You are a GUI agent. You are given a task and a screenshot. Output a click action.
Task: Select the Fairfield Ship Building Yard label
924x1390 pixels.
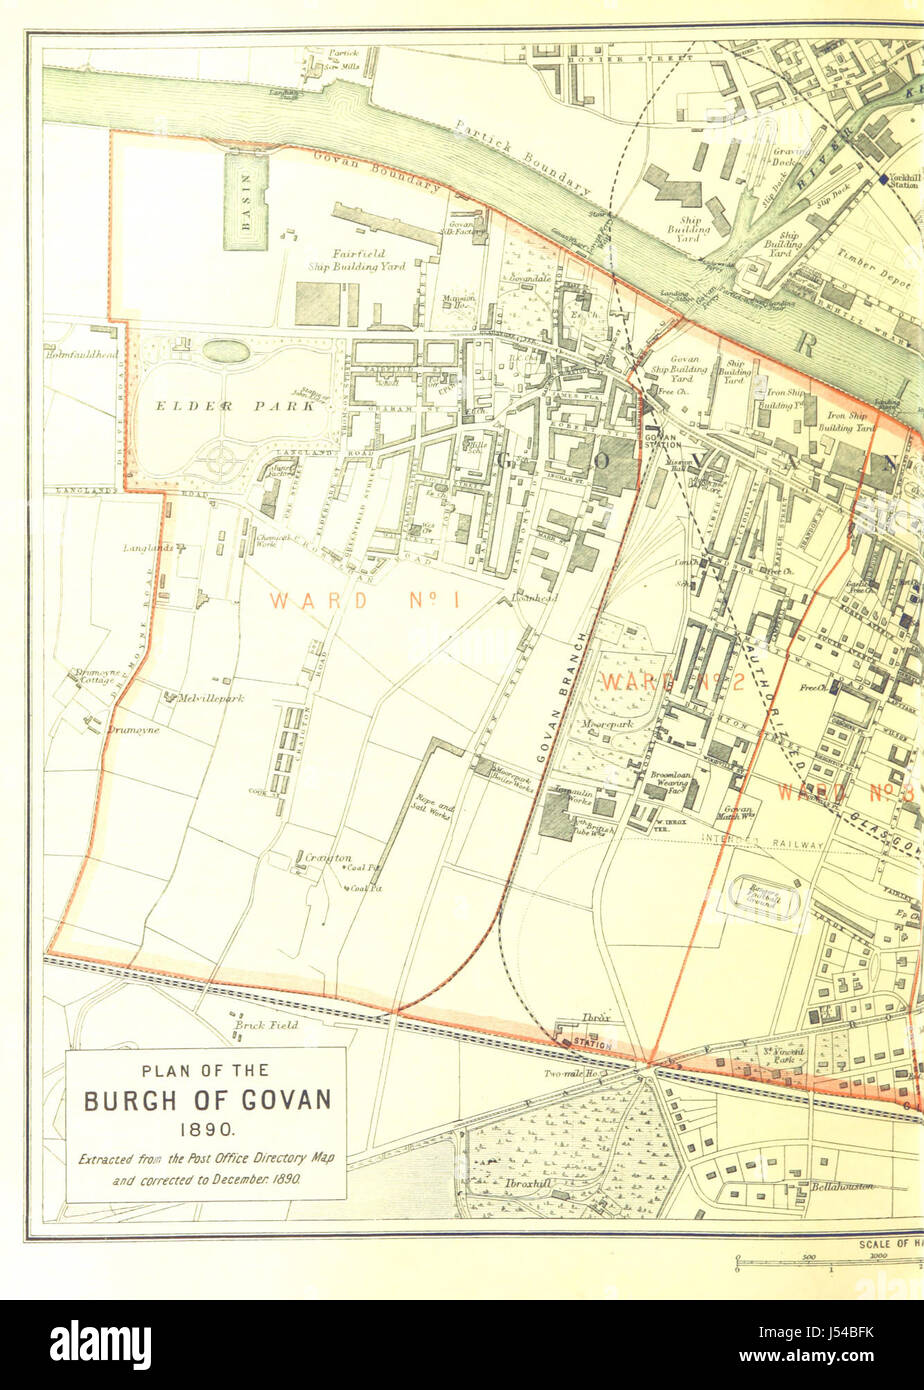pyautogui.click(x=355, y=260)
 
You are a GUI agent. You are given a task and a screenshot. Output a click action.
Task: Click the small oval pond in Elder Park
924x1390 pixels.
pyautogui.click(x=226, y=351)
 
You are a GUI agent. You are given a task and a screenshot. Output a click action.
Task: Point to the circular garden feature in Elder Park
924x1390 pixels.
pyautogui.click(x=220, y=461)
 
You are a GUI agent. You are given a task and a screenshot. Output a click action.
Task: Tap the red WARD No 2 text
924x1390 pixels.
pyautogui.click(x=671, y=682)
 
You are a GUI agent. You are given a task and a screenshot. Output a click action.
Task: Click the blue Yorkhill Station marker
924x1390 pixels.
pyautogui.click(x=883, y=179)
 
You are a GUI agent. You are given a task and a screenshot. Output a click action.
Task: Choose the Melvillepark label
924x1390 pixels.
pyautogui.click(x=210, y=698)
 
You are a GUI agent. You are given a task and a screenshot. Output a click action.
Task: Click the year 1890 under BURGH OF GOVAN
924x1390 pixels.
pyautogui.click(x=206, y=1130)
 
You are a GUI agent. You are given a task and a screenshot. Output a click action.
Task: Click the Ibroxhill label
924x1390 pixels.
pyautogui.click(x=529, y=1183)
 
